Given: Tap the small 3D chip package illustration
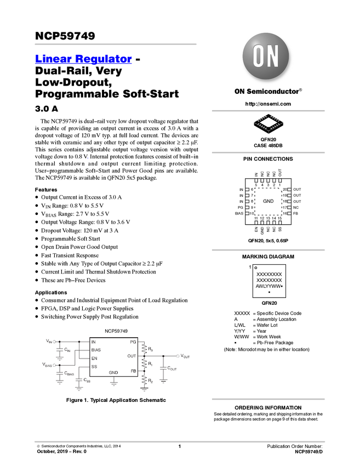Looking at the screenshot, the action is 268,124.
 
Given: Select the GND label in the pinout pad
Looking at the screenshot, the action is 268,201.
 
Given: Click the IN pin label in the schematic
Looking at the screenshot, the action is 94,342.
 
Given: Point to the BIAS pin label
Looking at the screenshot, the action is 96,350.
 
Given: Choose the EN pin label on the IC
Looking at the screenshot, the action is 94,358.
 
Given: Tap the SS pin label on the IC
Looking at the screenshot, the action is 94,366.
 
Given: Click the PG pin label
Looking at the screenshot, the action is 133,342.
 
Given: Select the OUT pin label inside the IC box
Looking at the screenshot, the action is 132,356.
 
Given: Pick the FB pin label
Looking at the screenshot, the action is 133,371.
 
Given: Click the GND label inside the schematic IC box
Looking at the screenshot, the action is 113,372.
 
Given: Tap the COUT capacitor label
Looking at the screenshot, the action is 172,368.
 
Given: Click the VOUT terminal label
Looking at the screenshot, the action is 185,356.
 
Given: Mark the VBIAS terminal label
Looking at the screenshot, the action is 47,365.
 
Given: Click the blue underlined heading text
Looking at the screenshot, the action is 83,59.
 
